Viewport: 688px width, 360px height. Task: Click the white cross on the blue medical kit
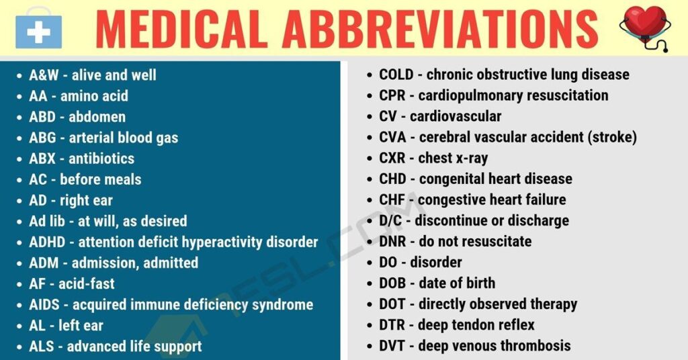(x=38, y=32)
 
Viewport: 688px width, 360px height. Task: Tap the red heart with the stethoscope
(x=644, y=26)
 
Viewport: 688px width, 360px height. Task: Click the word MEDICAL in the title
(x=181, y=28)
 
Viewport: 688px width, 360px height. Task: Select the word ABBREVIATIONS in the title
(x=440, y=28)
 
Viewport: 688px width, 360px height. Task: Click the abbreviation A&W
(x=44, y=75)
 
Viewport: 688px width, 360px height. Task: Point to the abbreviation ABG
(x=42, y=138)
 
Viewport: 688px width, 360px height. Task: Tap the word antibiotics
(x=101, y=159)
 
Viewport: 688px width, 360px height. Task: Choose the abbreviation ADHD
(x=47, y=242)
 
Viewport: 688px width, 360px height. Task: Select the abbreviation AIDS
(x=44, y=305)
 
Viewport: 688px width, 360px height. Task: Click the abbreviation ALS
(x=42, y=347)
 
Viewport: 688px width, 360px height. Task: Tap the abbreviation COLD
(x=396, y=75)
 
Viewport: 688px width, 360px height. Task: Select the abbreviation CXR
(x=392, y=158)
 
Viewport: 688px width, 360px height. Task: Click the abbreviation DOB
(x=392, y=283)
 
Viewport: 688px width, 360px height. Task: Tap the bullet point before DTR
(x=370, y=326)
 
